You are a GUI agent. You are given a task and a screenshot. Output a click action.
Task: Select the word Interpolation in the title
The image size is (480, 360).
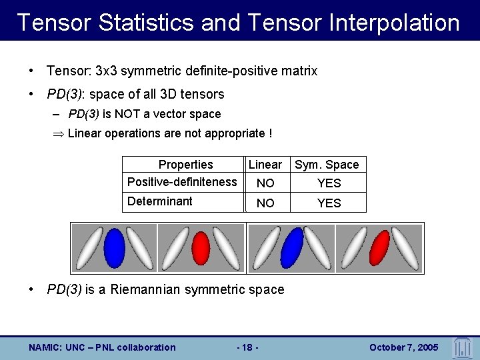coord(389,23)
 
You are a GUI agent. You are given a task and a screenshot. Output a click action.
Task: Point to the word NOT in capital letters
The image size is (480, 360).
coord(126,114)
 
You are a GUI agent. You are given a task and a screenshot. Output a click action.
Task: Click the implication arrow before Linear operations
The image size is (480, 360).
coord(59,133)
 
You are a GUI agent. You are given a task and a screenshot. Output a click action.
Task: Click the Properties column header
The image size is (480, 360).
coord(185,165)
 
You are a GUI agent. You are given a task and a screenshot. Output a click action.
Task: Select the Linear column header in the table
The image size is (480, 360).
coord(265,165)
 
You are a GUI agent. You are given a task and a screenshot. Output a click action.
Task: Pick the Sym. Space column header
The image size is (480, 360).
coord(327,165)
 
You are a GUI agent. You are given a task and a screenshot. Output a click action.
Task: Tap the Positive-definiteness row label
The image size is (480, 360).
coord(182,182)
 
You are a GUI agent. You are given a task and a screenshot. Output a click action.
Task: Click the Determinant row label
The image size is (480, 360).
coord(160,201)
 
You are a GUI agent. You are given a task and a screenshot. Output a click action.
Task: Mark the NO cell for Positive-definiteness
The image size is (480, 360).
coord(265,183)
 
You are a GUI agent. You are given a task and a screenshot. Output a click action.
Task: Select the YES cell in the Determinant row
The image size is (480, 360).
coord(329,203)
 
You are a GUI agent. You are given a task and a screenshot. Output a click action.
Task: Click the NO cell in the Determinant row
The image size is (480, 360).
coord(265,203)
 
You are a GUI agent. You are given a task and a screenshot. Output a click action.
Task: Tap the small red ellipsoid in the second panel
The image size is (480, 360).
coord(201,247)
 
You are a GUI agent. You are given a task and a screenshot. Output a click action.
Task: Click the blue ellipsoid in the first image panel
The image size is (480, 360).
coord(115,248)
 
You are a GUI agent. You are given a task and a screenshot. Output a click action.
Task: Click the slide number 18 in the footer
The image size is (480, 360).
coord(248,347)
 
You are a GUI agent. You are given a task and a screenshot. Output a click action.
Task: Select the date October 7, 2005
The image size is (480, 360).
coord(403,347)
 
